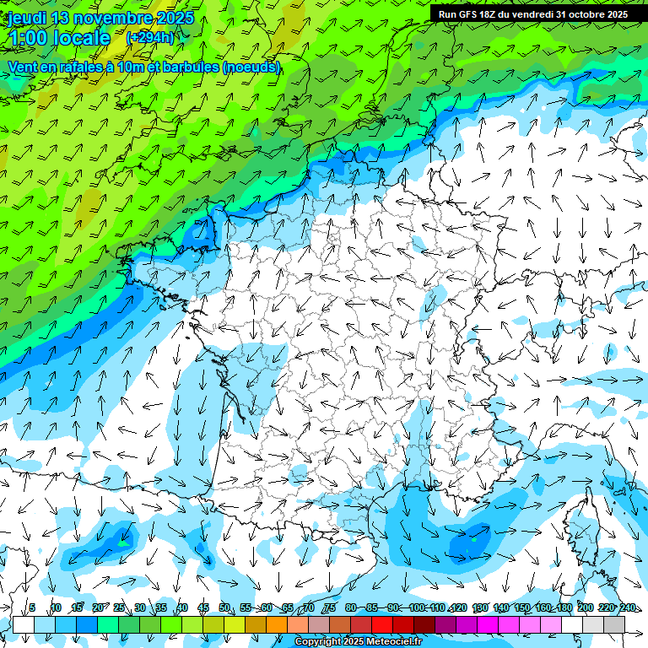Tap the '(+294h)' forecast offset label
tap(150, 37)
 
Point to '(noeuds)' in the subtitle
tap(251, 67)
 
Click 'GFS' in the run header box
tap(472, 14)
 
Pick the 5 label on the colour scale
tap(32, 607)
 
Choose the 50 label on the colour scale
tap(224, 607)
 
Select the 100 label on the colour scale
tap(416, 607)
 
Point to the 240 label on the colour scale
tap(628, 607)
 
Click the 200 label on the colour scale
tap(585, 607)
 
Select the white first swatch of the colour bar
tap(24, 624)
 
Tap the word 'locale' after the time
tap(81, 37)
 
